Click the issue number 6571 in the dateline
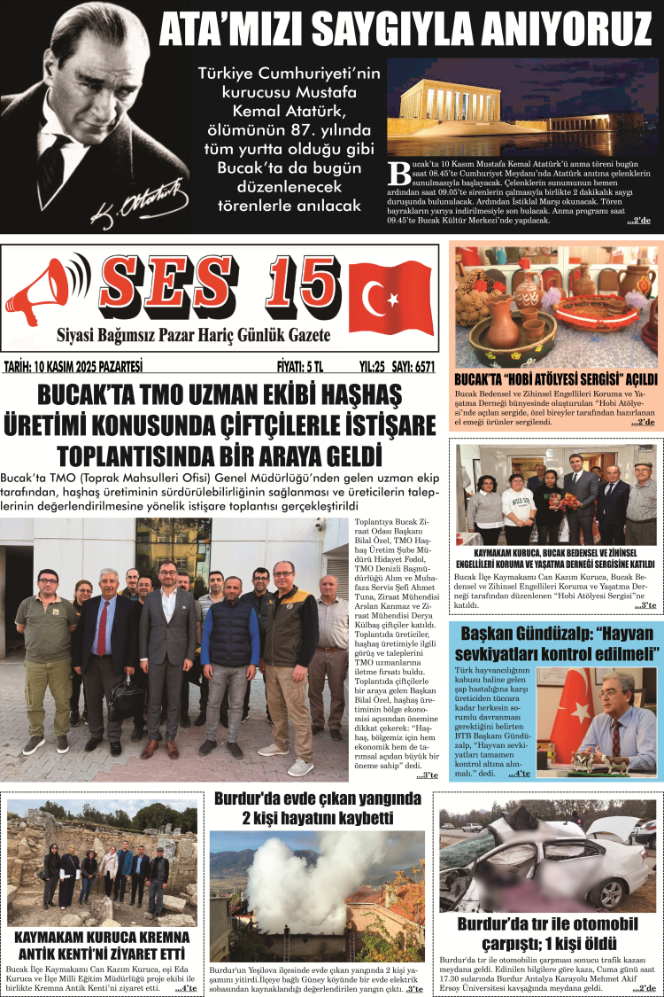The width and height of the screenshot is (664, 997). click(420, 366)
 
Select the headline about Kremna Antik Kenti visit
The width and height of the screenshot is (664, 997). click(102, 945)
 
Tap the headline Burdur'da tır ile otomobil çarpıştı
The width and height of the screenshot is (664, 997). click(549, 933)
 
